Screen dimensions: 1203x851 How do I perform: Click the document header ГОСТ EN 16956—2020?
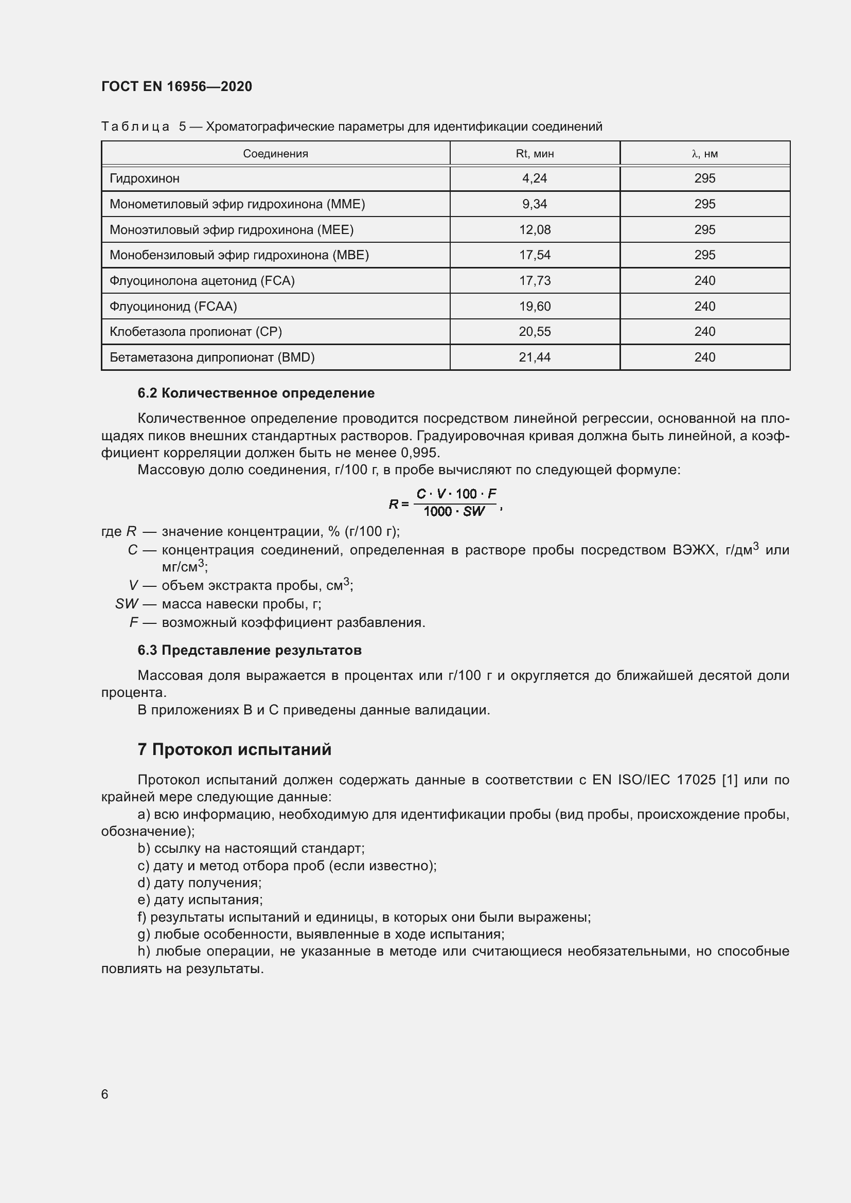pos(176,86)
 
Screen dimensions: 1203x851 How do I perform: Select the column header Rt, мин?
pos(535,153)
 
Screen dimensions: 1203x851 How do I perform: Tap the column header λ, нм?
pos(704,153)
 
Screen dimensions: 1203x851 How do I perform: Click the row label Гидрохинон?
pos(145,178)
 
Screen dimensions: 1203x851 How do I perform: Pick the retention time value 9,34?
pos(535,204)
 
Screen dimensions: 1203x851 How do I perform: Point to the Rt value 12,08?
pos(535,229)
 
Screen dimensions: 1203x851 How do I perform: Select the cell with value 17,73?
pos(535,281)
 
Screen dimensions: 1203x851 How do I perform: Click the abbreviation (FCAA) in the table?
pos(216,307)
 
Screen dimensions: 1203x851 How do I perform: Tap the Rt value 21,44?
pos(535,357)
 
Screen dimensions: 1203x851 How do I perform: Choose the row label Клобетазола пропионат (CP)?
pos(196,332)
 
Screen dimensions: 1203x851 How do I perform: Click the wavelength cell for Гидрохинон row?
pos(704,178)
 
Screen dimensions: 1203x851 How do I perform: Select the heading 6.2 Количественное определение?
pos(256,393)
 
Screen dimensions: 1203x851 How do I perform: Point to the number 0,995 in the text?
pos(419,453)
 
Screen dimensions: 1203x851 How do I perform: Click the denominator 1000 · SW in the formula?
pos(454,512)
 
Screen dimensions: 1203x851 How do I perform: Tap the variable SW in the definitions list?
pos(126,604)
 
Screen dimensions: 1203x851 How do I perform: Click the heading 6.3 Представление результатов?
pos(250,650)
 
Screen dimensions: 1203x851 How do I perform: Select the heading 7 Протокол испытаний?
pos(234,750)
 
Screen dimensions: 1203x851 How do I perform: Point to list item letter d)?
pos(144,883)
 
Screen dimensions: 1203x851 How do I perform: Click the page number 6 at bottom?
pos(105,1094)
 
